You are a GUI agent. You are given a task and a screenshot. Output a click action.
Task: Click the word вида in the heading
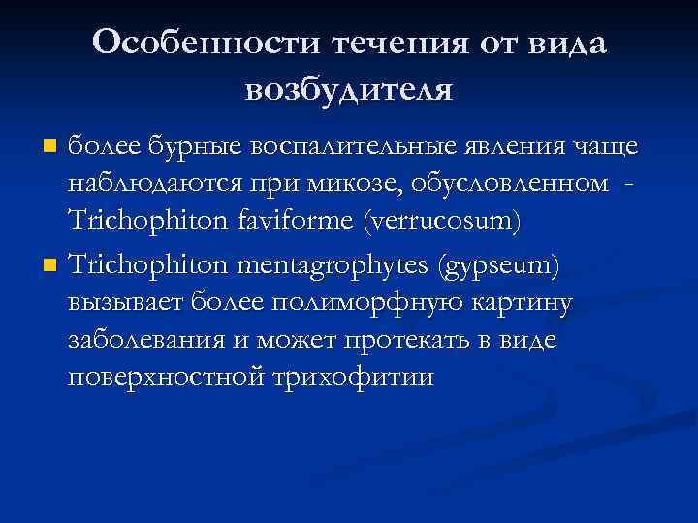[565, 43]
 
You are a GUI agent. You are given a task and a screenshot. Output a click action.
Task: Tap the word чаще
[602, 148]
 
